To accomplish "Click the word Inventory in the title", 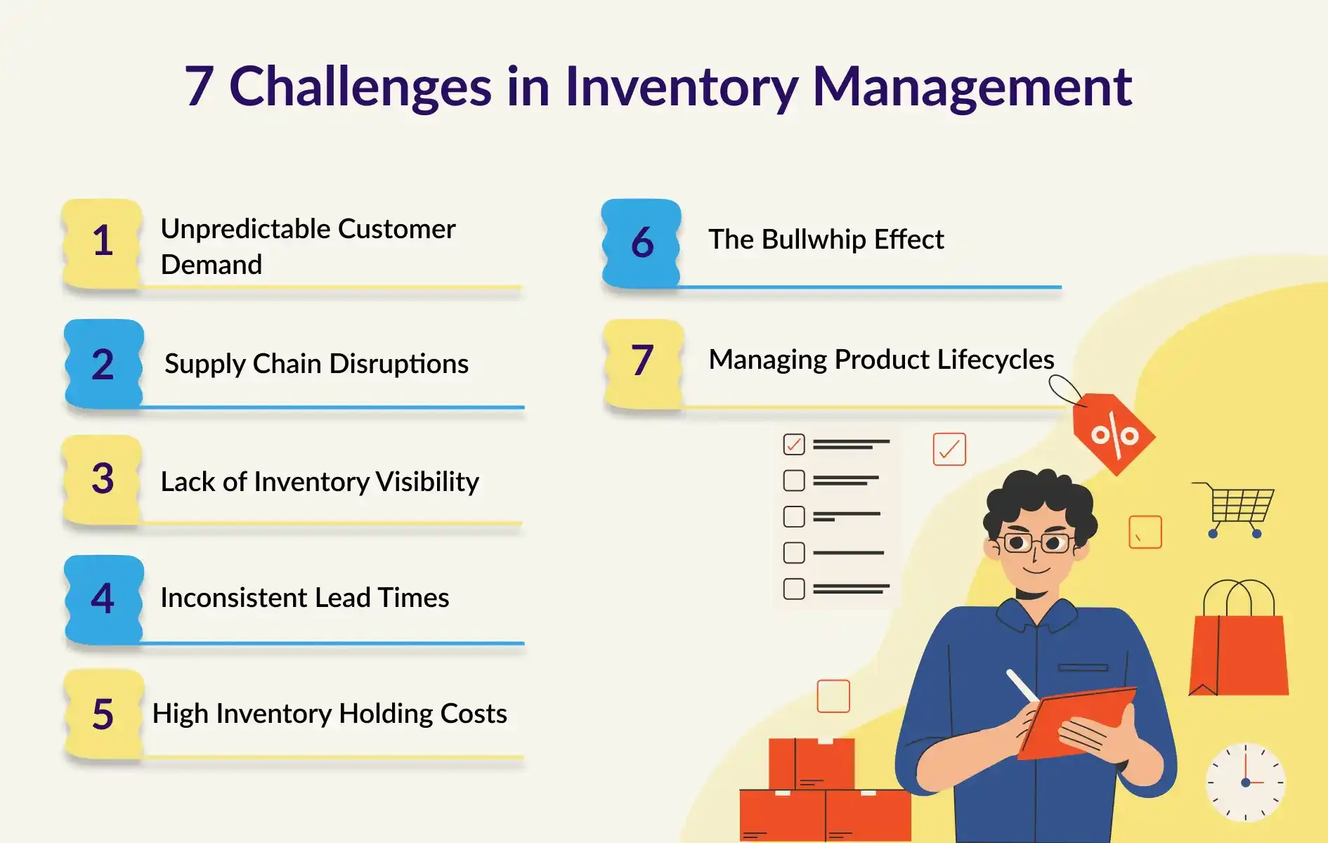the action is (x=682, y=87).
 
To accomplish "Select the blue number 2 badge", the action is (x=103, y=364).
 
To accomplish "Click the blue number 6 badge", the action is (x=642, y=243).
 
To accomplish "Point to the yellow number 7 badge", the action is (x=643, y=363).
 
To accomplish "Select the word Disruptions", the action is (x=398, y=364).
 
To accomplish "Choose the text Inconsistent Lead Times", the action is (x=305, y=598).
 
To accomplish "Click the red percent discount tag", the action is (x=1114, y=434).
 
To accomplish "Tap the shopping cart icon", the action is (x=1235, y=509).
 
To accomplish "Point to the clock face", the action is (x=1246, y=782).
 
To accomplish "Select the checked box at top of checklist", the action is (x=794, y=444).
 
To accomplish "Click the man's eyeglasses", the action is (x=1036, y=542).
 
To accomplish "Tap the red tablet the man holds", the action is (x=1076, y=722).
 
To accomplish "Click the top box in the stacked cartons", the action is (x=812, y=764).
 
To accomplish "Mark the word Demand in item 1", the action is (x=211, y=265).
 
